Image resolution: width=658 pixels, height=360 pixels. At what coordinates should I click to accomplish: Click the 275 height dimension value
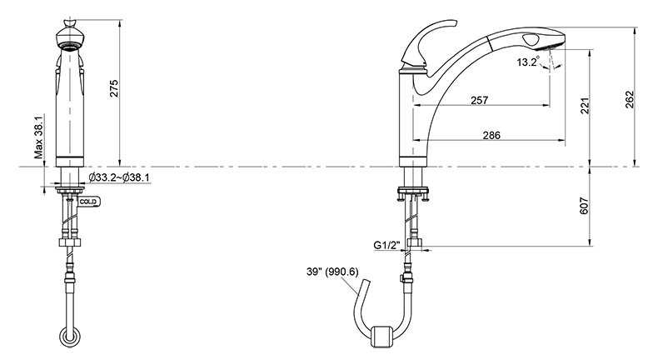click(x=114, y=88)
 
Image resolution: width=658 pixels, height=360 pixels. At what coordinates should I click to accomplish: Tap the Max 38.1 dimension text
click(x=38, y=137)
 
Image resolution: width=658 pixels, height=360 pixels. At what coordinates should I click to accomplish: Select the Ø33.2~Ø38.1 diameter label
click(x=119, y=177)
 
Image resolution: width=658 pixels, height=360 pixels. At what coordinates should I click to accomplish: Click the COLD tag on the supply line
click(x=88, y=202)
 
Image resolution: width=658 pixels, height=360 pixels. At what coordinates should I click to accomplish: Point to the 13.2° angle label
click(x=527, y=62)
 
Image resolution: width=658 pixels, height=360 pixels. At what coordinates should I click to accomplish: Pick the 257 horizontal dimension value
click(x=479, y=100)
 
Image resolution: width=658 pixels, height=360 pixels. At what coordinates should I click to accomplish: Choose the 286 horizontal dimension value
click(x=491, y=135)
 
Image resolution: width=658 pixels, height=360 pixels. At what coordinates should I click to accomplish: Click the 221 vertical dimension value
click(x=586, y=106)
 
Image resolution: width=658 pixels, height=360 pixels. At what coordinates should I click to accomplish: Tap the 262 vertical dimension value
click(x=630, y=99)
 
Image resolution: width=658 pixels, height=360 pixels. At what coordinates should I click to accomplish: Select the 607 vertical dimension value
click(x=585, y=206)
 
